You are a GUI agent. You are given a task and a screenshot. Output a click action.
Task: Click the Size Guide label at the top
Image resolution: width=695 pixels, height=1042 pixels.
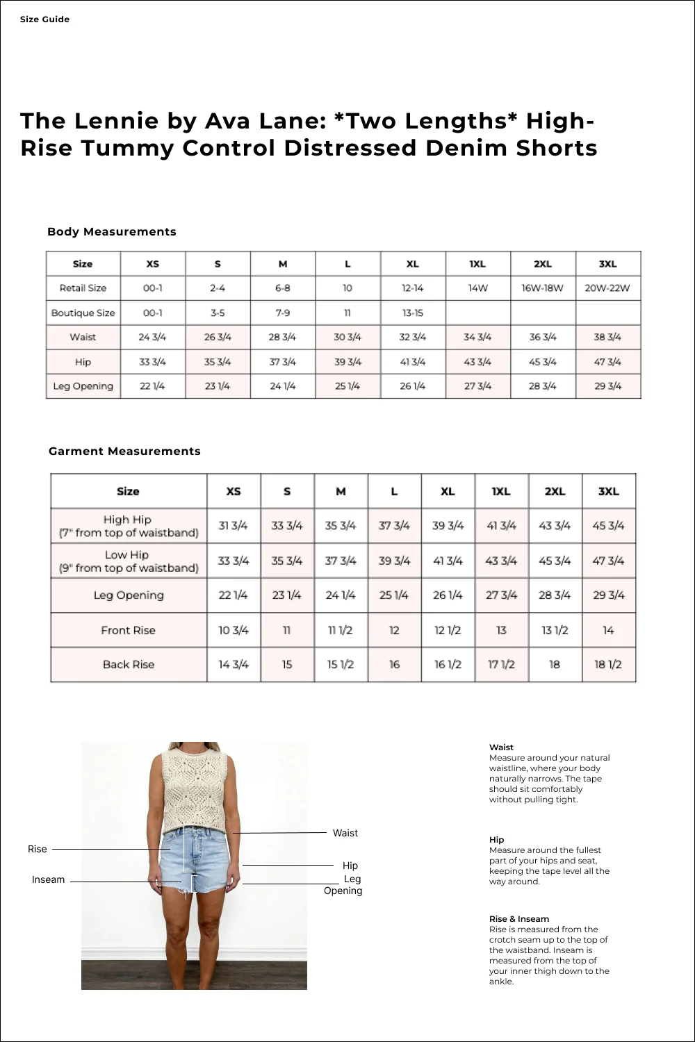[44, 19]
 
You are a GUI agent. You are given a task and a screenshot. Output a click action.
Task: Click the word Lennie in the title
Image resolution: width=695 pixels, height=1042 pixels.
[116, 121]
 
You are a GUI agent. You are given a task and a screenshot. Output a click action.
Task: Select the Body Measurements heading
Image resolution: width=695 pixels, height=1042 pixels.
[111, 232]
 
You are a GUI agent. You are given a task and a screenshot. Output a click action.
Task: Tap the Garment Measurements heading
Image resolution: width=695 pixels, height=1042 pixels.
[124, 452]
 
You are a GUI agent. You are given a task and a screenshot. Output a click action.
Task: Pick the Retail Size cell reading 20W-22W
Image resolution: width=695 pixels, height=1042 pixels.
[607, 288]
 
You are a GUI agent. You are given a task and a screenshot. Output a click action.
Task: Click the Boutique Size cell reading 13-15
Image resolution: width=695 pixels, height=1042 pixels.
[412, 313]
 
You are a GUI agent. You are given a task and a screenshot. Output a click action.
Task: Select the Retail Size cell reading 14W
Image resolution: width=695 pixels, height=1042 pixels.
[477, 288]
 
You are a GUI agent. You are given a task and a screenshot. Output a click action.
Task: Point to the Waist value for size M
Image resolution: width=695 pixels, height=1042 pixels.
[282, 338]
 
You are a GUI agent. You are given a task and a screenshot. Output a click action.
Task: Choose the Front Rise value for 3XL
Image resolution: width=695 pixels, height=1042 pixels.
[608, 631]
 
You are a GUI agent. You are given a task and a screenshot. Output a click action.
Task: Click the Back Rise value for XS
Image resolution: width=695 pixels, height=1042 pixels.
[234, 665]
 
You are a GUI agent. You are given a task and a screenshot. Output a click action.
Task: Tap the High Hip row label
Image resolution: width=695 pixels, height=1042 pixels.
[128, 526]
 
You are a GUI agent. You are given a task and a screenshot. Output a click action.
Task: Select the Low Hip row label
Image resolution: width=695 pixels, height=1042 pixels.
[128, 561]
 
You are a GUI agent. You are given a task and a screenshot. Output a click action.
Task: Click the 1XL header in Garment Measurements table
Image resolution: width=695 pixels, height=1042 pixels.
[501, 492]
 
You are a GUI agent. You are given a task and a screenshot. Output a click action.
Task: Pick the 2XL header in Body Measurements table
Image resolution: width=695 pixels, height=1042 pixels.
[543, 264]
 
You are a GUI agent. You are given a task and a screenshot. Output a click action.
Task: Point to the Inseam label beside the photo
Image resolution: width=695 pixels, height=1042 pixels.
[48, 880]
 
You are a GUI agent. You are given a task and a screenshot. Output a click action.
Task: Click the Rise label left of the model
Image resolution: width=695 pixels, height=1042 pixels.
[38, 850]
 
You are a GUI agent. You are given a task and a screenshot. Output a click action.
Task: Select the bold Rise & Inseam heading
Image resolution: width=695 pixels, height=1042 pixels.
[518, 919]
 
